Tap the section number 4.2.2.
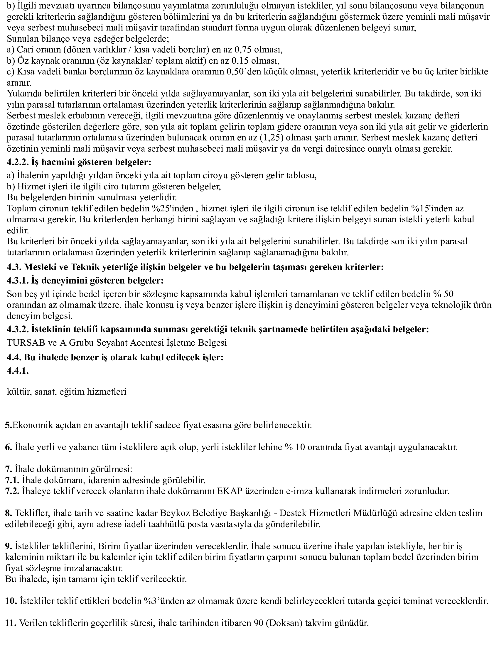click(x=17, y=162)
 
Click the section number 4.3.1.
click(x=17, y=280)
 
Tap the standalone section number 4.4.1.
click(x=18, y=371)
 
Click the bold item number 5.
click(x=7, y=425)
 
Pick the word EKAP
click(x=230, y=491)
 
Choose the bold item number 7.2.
click(x=12, y=491)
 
